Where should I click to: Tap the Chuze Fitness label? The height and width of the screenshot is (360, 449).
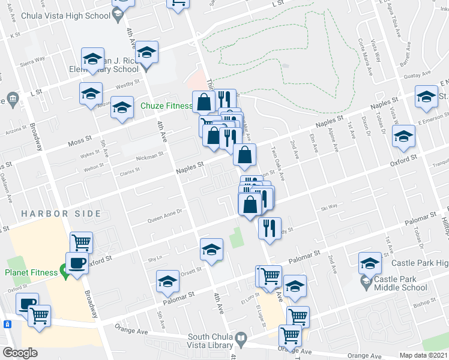(166, 106)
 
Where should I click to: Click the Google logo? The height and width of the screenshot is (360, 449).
(20, 353)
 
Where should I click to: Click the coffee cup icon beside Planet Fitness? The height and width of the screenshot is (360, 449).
(77, 263)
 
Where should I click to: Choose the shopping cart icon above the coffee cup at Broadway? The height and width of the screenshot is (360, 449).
(81, 242)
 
